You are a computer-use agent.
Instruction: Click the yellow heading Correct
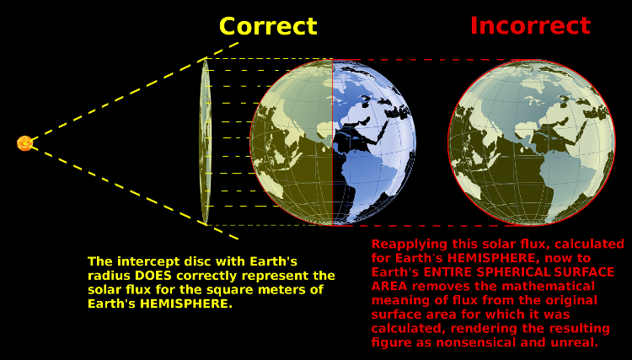click(x=268, y=26)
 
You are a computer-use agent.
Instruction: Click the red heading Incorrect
click(x=530, y=25)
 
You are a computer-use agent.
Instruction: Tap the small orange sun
click(x=25, y=143)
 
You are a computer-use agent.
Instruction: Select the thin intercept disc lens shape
click(x=205, y=141)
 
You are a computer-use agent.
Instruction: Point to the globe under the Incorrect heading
click(x=532, y=142)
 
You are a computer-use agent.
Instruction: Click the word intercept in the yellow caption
click(x=149, y=261)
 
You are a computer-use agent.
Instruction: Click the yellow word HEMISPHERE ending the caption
click(x=186, y=304)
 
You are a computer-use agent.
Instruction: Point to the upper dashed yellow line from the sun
click(x=135, y=91)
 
